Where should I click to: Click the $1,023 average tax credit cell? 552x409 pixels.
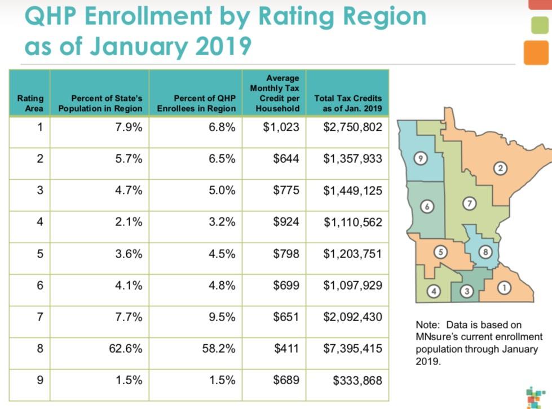pos(281,127)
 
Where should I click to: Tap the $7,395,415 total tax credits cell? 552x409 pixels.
pos(352,349)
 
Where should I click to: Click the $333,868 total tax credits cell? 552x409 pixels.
pos(357,380)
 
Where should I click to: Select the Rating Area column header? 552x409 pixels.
pos(30,103)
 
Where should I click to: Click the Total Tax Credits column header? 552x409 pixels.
pos(348,103)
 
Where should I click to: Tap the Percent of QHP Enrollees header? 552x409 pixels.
pos(196,103)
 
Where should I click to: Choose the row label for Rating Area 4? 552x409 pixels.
pos(39,222)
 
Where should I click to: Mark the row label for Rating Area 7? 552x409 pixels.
pos(39,317)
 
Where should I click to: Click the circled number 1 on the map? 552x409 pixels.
pos(505,288)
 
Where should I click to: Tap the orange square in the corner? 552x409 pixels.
pos(537,52)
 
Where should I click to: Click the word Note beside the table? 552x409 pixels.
pos(427,325)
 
